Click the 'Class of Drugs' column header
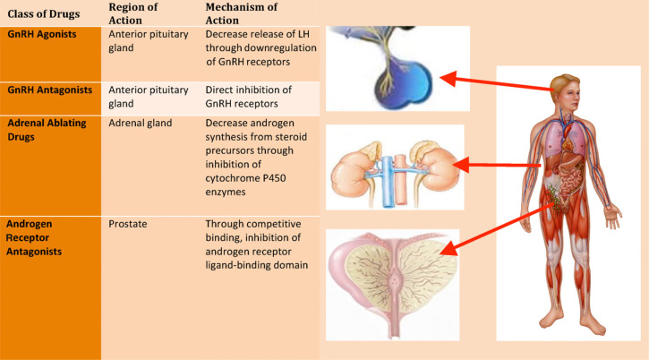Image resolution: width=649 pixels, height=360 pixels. pos(42,15)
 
